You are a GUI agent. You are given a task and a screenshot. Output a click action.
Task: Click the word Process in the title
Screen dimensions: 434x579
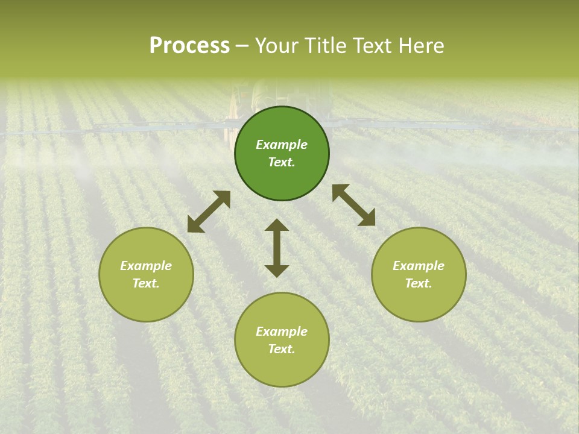pyautogui.click(x=189, y=46)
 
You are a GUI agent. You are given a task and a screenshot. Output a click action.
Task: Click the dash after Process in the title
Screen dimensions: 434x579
pyautogui.click(x=242, y=47)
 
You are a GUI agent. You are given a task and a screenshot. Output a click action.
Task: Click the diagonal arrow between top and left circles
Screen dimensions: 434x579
pyautogui.click(x=209, y=211)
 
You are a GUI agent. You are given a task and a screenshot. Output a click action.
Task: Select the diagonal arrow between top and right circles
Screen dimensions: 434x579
pyautogui.click(x=353, y=205)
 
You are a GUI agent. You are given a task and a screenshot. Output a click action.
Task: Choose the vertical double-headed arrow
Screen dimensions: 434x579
pyautogui.click(x=277, y=248)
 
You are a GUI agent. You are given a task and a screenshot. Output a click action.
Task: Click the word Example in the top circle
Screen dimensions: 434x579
pyautogui.click(x=282, y=145)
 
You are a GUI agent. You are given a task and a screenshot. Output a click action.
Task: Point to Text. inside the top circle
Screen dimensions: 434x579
pyautogui.click(x=282, y=162)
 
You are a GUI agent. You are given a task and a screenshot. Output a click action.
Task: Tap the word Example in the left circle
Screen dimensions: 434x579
pyautogui.click(x=146, y=266)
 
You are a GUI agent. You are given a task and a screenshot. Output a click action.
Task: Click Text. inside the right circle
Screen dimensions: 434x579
pyautogui.click(x=419, y=283)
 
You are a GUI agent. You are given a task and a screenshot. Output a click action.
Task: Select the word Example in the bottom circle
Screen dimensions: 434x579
pyautogui.click(x=282, y=332)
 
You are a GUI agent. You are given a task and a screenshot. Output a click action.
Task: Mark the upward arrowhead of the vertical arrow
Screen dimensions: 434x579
pyautogui.click(x=277, y=225)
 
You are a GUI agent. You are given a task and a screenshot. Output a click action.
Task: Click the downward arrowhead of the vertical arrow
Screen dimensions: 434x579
pyautogui.click(x=277, y=271)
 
